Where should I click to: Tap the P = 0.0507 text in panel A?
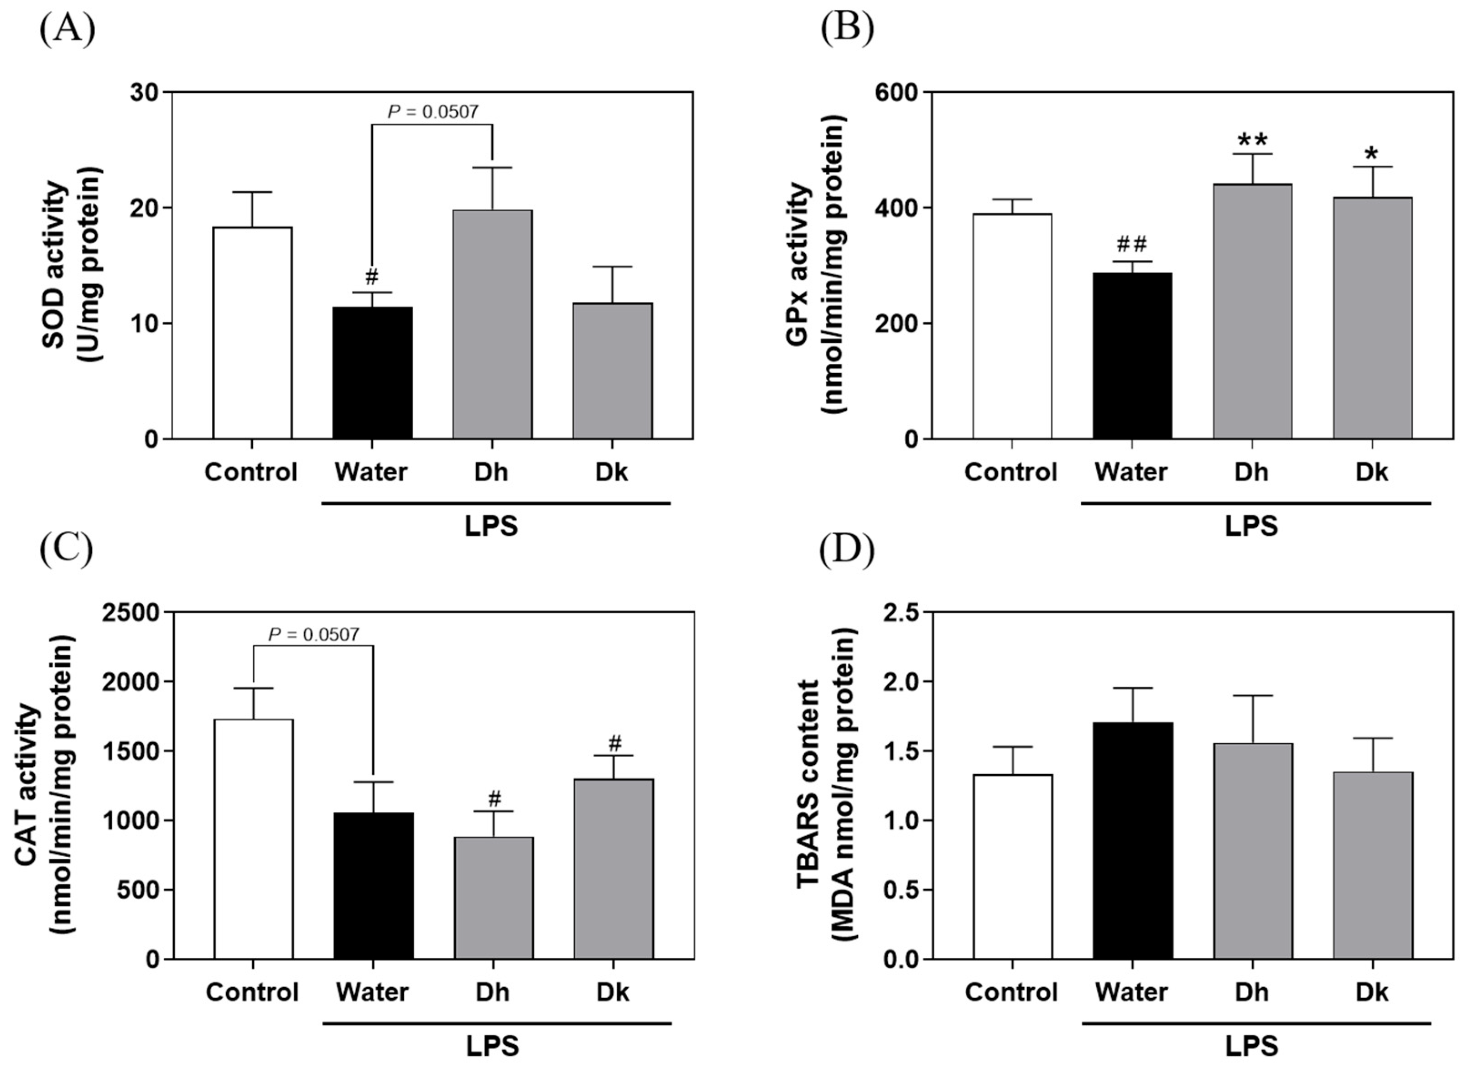(433, 112)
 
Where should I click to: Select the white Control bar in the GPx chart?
(1012, 326)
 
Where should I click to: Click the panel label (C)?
(67, 549)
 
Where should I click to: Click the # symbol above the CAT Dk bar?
(614, 743)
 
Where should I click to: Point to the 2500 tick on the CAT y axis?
(131, 612)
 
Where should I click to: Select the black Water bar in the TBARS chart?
(1132, 840)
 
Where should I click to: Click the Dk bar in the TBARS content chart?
(1372, 865)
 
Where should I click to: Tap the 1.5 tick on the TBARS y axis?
(903, 751)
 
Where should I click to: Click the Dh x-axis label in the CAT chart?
(492, 992)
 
